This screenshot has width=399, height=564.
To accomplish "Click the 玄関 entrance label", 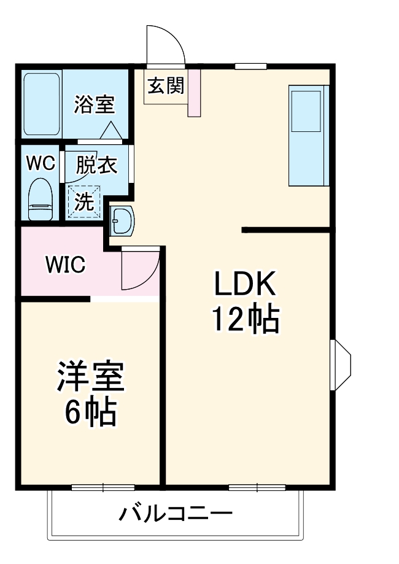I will (165, 85).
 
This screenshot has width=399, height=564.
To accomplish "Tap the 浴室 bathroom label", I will (95, 104).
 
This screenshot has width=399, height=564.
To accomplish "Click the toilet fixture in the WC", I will (41, 199).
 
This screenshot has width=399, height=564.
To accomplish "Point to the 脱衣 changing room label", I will (96, 165).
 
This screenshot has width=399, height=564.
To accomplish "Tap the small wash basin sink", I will (122, 220).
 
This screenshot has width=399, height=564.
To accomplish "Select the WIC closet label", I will (65, 265).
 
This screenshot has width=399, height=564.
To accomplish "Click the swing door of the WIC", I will (139, 270).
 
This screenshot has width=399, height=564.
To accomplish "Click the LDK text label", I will (246, 285).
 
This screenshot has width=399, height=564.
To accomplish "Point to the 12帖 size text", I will (246, 319).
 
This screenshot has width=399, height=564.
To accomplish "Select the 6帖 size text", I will (91, 413).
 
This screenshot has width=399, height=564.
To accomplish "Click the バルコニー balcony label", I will (176, 513).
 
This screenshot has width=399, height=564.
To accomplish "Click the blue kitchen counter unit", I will (308, 135).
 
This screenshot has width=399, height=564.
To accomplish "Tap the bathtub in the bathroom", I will (42, 104).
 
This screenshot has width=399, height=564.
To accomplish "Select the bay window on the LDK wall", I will (340, 365).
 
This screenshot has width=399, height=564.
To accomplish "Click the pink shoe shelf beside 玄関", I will (194, 92).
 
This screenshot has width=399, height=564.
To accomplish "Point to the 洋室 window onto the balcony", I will (103, 488).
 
